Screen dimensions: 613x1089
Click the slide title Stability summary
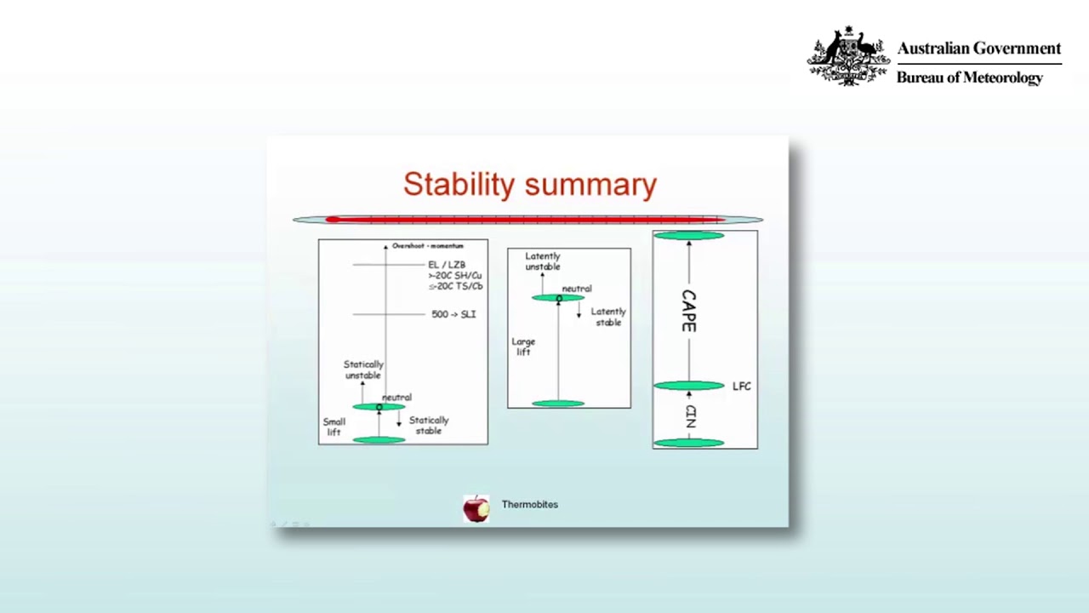(x=529, y=184)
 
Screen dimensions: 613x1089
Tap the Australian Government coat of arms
(x=848, y=56)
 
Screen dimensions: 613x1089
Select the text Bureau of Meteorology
(x=969, y=77)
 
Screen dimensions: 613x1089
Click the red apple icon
(x=476, y=507)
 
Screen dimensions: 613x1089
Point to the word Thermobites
(x=529, y=504)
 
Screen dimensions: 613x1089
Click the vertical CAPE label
(x=688, y=311)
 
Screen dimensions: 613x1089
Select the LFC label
(x=741, y=387)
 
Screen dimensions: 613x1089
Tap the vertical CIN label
(x=690, y=416)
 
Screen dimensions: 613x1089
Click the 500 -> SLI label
(x=453, y=314)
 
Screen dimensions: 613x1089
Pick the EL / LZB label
(x=447, y=265)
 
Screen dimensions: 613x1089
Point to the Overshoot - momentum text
(x=427, y=246)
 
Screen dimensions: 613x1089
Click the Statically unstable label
(x=363, y=370)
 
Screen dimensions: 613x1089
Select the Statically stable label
(x=429, y=425)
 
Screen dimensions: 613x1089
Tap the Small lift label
(x=334, y=427)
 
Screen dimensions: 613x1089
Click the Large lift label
(x=523, y=347)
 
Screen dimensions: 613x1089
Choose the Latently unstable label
(x=543, y=261)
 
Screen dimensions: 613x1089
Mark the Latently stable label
(x=607, y=317)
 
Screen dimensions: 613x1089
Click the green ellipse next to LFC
(x=688, y=386)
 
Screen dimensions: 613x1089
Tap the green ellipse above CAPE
(x=688, y=235)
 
